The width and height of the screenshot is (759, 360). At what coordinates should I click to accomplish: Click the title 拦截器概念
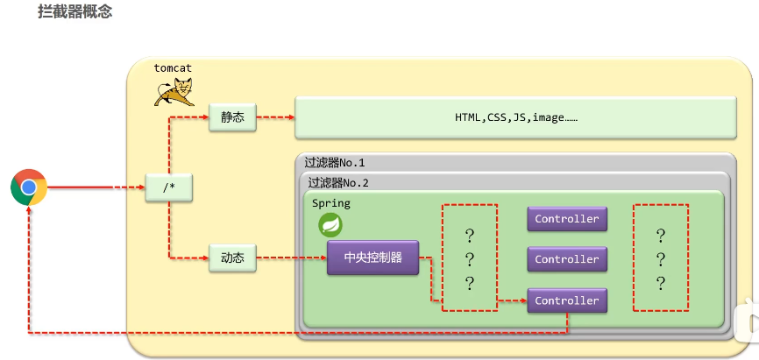coord(75,12)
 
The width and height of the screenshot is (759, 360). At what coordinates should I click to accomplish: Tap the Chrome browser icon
coord(29,187)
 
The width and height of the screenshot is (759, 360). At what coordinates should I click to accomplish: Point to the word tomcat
coord(173,67)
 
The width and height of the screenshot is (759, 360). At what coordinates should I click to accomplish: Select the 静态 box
coord(232,117)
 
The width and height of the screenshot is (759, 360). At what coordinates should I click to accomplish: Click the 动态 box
coord(232,258)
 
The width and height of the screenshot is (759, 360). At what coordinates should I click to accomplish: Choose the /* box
coord(169,187)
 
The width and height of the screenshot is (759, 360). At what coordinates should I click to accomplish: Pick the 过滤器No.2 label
coord(338,183)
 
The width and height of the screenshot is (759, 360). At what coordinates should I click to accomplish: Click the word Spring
coord(330,203)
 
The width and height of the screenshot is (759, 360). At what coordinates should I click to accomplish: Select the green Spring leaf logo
coord(330,225)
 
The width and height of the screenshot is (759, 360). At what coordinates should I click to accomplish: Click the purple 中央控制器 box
coord(373,258)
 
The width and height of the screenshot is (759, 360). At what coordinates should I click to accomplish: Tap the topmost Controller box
coord(566,219)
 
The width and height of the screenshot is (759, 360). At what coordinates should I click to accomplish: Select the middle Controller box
coord(566,259)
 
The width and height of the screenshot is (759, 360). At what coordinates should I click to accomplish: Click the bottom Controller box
coord(566,300)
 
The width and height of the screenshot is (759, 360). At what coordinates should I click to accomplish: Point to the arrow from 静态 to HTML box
coord(275,117)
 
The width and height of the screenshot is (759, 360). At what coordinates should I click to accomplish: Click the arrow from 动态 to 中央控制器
coord(291,258)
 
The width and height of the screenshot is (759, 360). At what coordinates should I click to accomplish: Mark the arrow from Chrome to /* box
coord(96,187)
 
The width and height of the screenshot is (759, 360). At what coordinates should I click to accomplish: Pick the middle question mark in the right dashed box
coord(661,259)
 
